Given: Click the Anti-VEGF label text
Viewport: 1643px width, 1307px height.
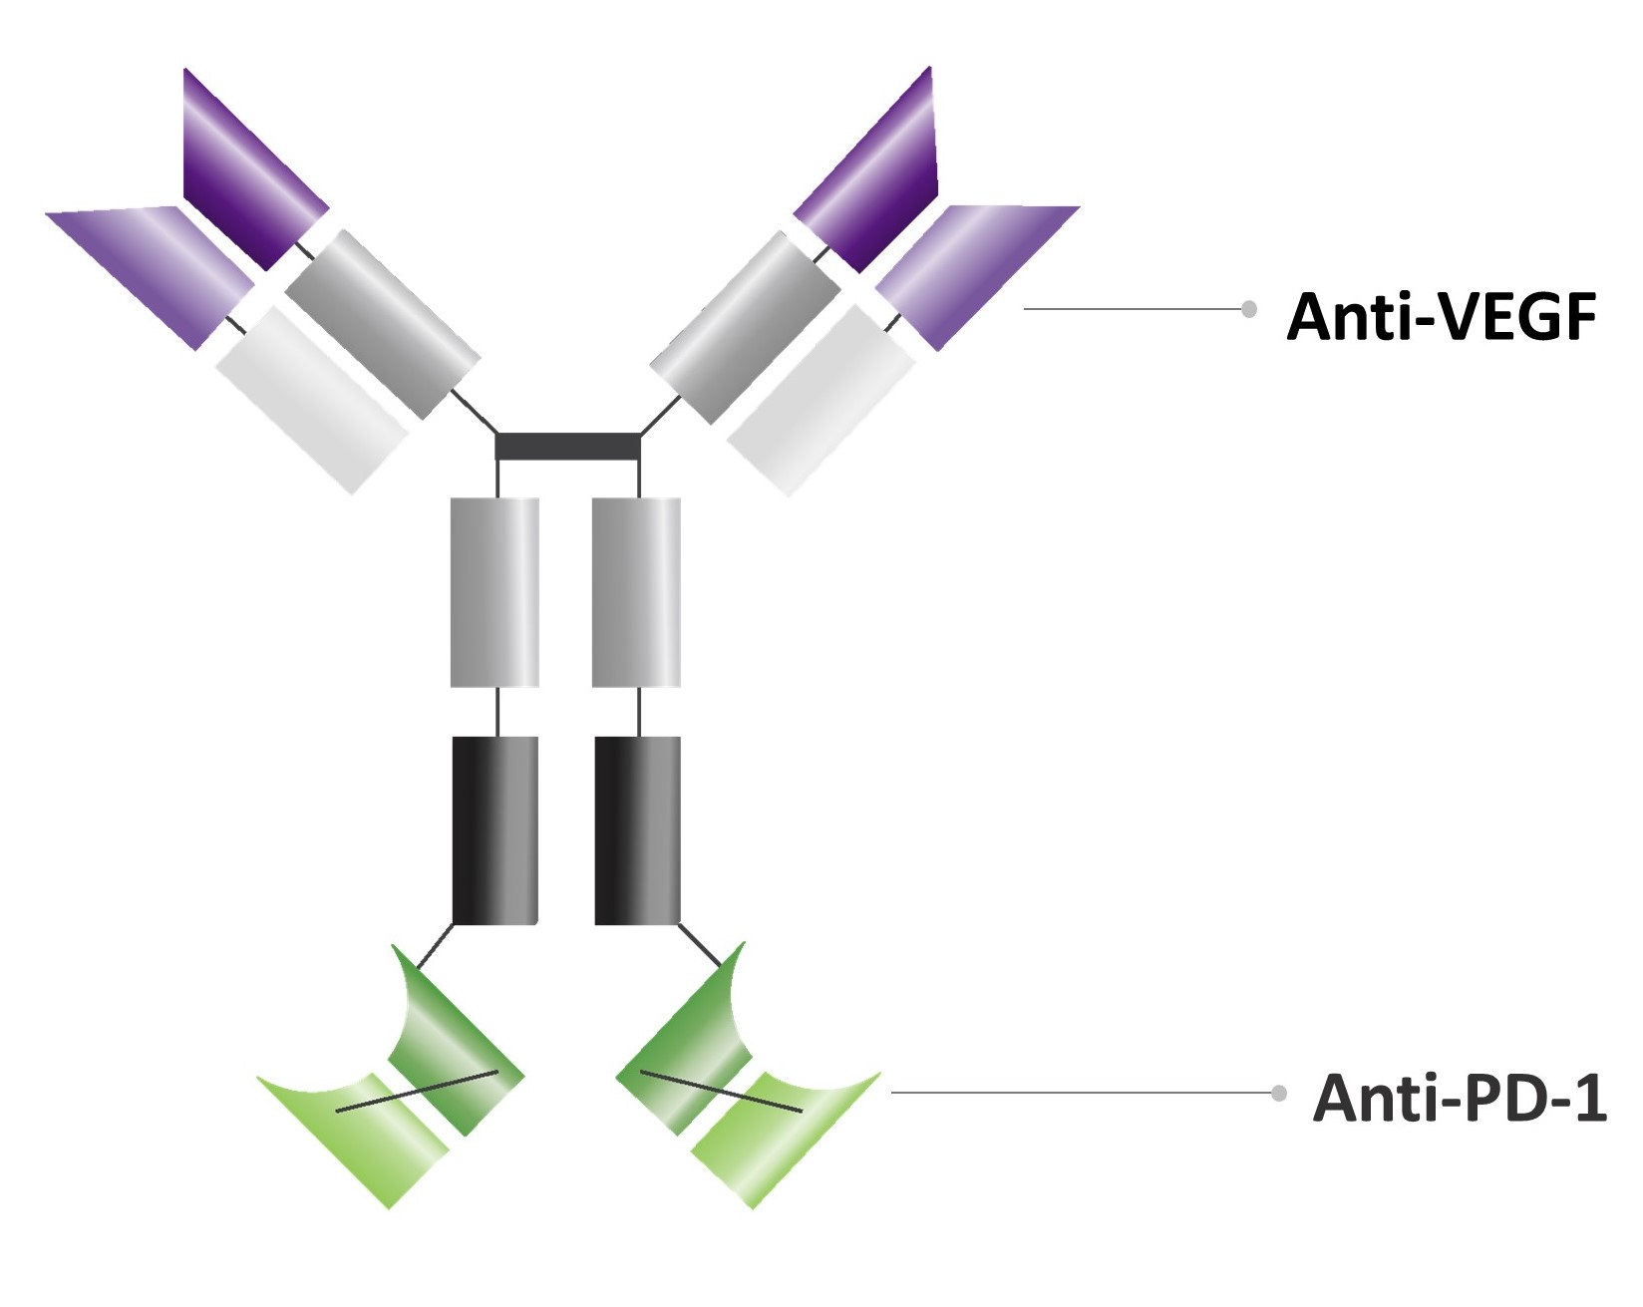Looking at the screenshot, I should pyautogui.click(x=1442, y=317).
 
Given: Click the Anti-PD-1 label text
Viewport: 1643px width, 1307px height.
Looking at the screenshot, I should pyautogui.click(x=1460, y=1098).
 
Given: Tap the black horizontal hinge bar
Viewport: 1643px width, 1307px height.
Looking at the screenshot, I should pyautogui.click(x=567, y=446).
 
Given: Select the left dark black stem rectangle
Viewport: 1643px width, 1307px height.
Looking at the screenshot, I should pyautogui.click(x=495, y=829).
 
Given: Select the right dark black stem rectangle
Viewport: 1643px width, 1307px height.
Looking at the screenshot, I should pyautogui.click(x=638, y=829).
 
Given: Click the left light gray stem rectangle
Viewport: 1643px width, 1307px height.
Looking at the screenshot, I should pyautogui.click(x=494, y=592).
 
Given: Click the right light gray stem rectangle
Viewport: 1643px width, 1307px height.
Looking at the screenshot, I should pyautogui.click(x=636, y=592).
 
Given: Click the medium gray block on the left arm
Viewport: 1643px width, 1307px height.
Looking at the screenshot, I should pyautogui.click(x=382, y=324).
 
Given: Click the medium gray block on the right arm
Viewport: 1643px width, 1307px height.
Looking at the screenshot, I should pyautogui.click(x=746, y=327).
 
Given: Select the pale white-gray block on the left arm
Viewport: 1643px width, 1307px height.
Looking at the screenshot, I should pyautogui.click(x=311, y=397).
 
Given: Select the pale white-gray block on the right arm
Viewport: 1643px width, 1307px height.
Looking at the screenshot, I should pyautogui.click(x=821, y=399).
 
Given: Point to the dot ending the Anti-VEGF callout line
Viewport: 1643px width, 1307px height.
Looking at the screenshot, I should pyautogui.click(x=1248, y=309).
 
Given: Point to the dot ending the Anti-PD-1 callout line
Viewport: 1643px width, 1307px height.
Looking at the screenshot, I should pyautogui.click(x=1279, y=1093).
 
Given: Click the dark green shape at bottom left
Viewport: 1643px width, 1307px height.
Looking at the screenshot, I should pyautogui.click(x=454, y=1047).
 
